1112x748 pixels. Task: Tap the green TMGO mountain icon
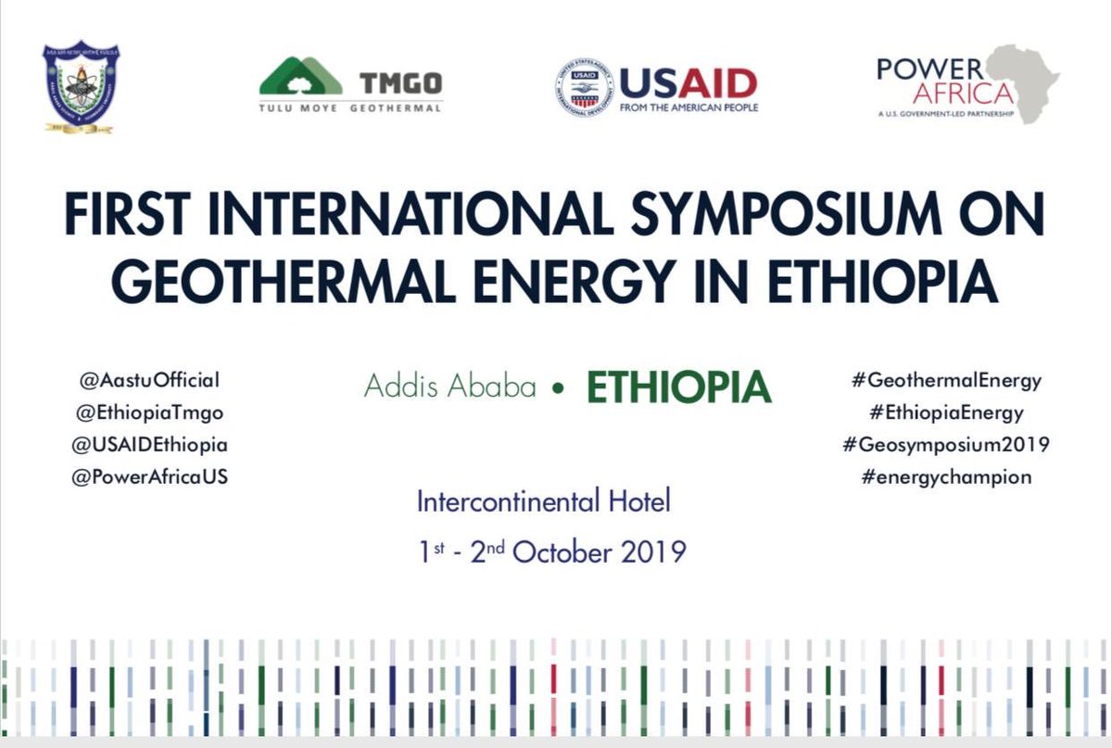301,76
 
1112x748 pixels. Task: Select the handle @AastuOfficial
150,380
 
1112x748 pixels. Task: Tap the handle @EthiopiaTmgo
150,412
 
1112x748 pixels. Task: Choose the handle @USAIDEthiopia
150,445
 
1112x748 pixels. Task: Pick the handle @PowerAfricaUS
150,477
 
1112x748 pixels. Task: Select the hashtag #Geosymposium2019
945,445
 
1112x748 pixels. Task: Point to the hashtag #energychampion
937,477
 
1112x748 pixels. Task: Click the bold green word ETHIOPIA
678,387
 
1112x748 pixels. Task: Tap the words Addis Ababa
450,387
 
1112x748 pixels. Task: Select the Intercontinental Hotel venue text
543,503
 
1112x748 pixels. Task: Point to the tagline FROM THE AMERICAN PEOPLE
689,108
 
